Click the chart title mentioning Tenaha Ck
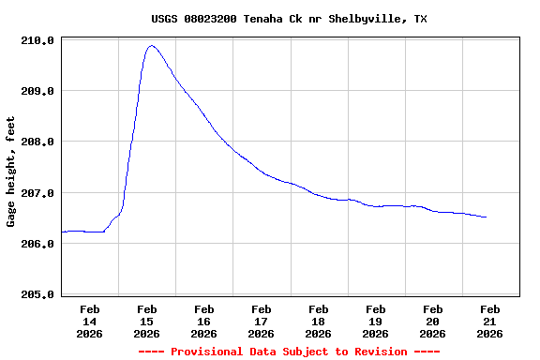point(289,19)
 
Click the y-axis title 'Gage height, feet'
point(11,172)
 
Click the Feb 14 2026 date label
point(90,321)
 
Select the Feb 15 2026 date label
point(147,321)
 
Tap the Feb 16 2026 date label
point(204,321)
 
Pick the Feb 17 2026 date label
point(262,321)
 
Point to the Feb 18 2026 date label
point(319,321)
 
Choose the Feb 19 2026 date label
point(376,321)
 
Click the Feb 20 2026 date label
point(433,321)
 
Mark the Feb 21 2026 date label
point(490,321)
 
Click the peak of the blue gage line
point(151,46)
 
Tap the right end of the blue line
point(486,217)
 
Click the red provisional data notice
point(289,352)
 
